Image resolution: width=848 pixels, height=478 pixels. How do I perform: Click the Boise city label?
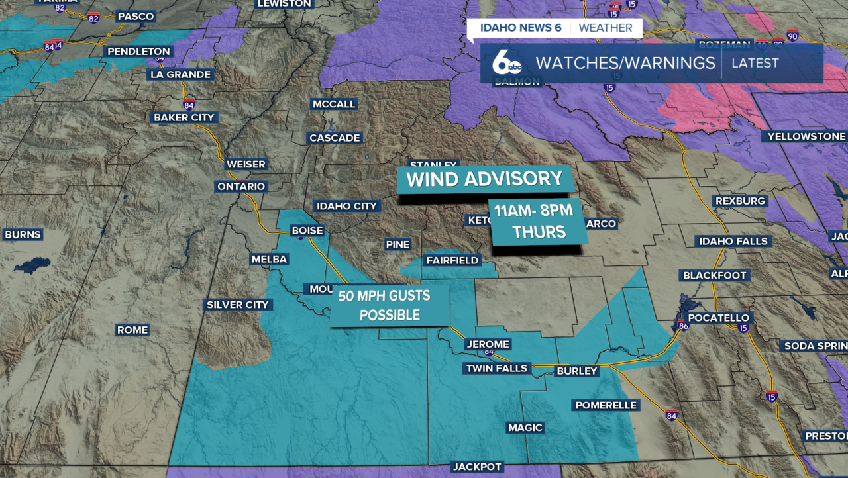click(x=307, y=231)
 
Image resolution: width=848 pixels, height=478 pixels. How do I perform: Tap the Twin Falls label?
click(x=497, y=369)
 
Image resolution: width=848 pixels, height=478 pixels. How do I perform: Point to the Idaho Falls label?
click(x=733, y=242)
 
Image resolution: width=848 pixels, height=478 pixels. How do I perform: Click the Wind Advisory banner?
click(x=484, y=179)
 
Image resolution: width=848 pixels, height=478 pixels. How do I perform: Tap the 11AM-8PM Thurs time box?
click(x=539, y=222)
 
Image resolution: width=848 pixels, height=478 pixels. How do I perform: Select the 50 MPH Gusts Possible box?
click(x=390, y=305)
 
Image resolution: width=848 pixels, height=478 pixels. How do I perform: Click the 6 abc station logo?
click(x=507, y=64)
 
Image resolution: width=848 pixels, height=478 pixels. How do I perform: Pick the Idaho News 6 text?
click(x=516, y=28)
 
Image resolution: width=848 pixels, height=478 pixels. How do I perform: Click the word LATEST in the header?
click(x=755, y=64)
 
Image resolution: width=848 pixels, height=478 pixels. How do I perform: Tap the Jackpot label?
click(x=477, y=467)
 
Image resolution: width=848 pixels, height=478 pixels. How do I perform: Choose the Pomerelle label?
click(x=606, y=405)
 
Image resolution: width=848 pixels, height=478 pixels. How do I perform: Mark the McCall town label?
click(x=335, y=104)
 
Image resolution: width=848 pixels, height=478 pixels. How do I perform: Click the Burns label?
click(x=23, y=234)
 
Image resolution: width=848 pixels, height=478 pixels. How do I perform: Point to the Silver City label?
click(x=238, y=305)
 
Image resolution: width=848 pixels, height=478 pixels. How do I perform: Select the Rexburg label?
click(x=740, y=201)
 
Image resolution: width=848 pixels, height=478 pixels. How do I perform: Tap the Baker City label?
click(x=184, y=117)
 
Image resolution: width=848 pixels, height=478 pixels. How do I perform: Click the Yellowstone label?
click(x=806, y=137)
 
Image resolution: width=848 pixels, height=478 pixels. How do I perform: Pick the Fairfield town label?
click(x=452, y=261)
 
